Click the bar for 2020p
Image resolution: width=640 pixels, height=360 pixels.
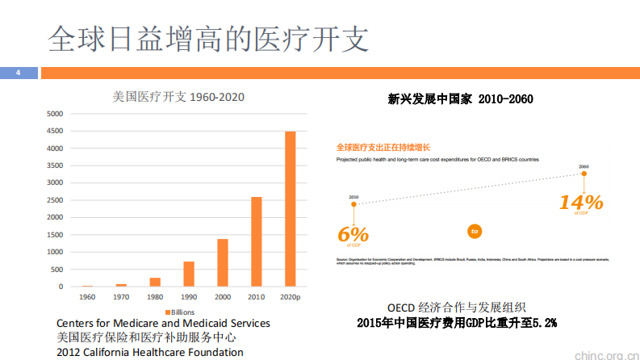click(291, 209)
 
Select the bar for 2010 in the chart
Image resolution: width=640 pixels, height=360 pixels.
click(257, 241)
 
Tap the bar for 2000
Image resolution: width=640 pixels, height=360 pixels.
click(223, 262)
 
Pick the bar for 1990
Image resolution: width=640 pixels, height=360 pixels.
click(189, 274)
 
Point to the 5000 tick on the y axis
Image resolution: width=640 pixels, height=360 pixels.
click(54, 114)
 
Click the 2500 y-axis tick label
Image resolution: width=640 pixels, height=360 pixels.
click(54, 200)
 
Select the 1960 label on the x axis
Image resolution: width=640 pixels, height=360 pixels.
click(87, 297)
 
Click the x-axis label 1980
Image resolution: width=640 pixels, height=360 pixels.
click(155, 297)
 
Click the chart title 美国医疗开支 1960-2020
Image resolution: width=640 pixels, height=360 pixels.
click(178, 97)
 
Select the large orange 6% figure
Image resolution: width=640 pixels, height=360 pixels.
click(353, 234)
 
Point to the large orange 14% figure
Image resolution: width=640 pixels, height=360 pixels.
click(581, 202)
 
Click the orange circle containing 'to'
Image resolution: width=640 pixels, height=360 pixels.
click(475, 232)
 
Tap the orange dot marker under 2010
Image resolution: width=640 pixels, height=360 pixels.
click(353, 204)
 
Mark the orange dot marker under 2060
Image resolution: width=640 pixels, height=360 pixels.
click(584, 174)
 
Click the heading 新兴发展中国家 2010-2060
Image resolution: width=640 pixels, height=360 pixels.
click(460, 98)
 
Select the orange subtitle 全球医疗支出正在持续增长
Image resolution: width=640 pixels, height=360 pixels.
click(383, 148)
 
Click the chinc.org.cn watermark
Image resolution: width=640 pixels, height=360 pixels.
click(604, 353)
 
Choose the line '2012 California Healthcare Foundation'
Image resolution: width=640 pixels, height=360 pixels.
click(149, 352)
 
